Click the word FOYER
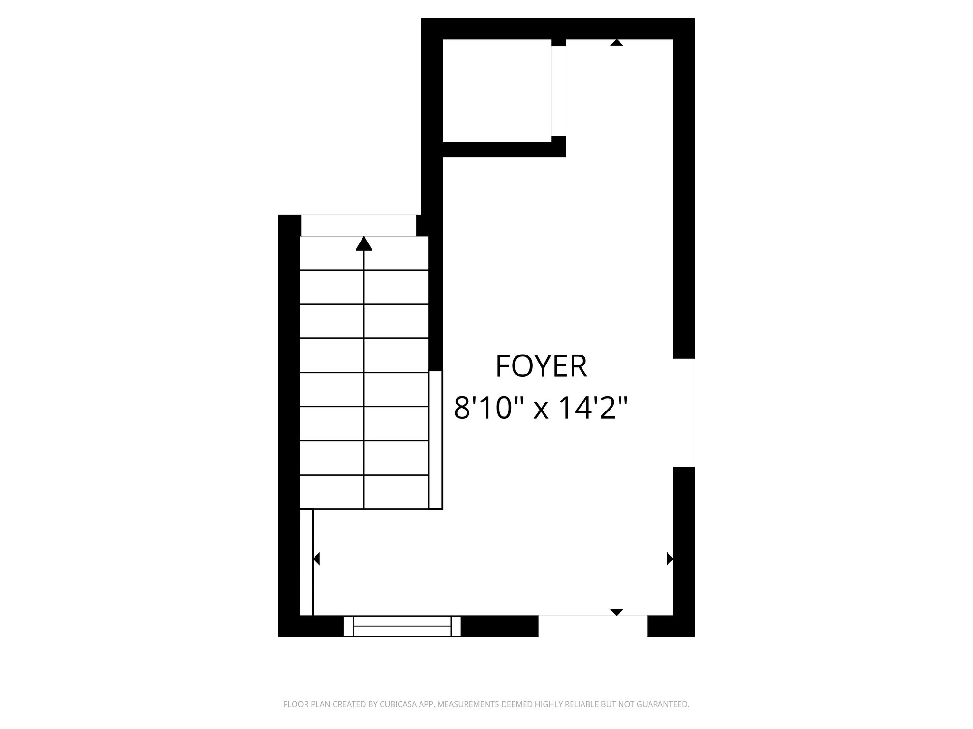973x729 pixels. click(541, 366)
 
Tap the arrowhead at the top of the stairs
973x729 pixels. click(364, 243)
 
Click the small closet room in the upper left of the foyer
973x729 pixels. click(496, 90)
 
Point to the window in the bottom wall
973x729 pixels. click(402, 626)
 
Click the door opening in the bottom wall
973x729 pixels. click(592, 626)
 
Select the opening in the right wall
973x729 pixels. click(684, 413)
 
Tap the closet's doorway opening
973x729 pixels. click(559, 91)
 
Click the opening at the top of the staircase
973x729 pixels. click(359, 225)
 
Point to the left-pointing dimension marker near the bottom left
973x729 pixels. click(316, 559)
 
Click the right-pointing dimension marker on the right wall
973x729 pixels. click(670, 559)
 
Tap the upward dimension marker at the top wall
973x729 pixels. click(617, 43)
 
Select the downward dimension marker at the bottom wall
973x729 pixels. click(616, 612)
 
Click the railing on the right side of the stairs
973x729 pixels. click(436, 439)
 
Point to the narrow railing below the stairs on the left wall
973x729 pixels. click(306, 562)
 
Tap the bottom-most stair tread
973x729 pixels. click(364, 492)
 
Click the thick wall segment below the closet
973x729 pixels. click(504, 150)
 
